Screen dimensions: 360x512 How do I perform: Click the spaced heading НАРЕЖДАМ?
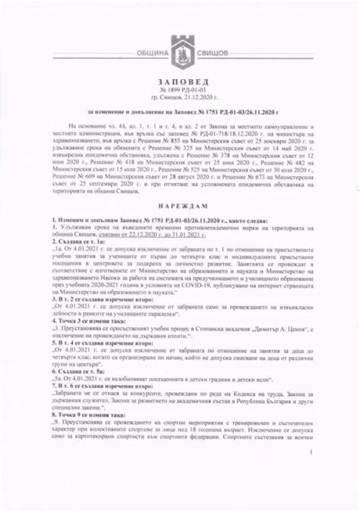180,206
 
